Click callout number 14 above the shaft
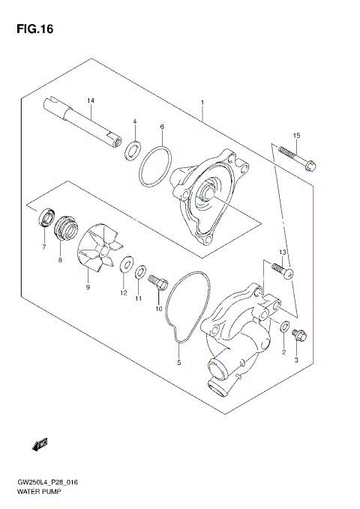90,100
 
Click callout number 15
296,135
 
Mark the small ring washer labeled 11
140,271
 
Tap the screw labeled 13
280,269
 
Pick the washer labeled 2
284,327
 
